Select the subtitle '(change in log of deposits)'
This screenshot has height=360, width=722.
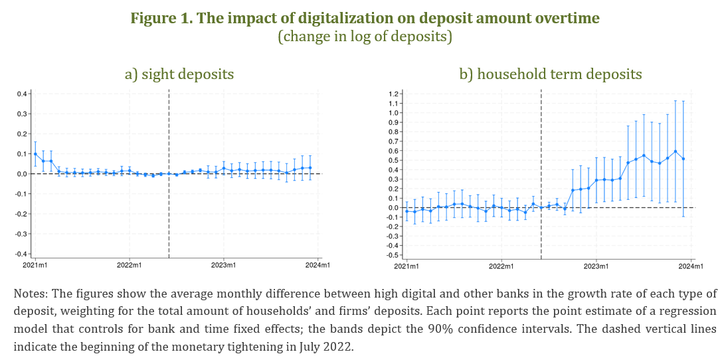pyautogui.click(x=365, y=37)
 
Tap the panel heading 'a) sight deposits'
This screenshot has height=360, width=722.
pyautogui.click(x=179, y=74)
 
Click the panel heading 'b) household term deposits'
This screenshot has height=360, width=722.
pyautogui.click(x=551, y=74)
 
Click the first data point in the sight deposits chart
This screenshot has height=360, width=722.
pyautogui.click(x=35, y=154)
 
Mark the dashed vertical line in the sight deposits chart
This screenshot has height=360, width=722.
pyautogui.click(x=169, y=199)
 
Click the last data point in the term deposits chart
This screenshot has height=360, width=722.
pyautogui.click(x=683, y=159)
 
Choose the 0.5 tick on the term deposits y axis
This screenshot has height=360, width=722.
pyautogui.click(x=393, y=160)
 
